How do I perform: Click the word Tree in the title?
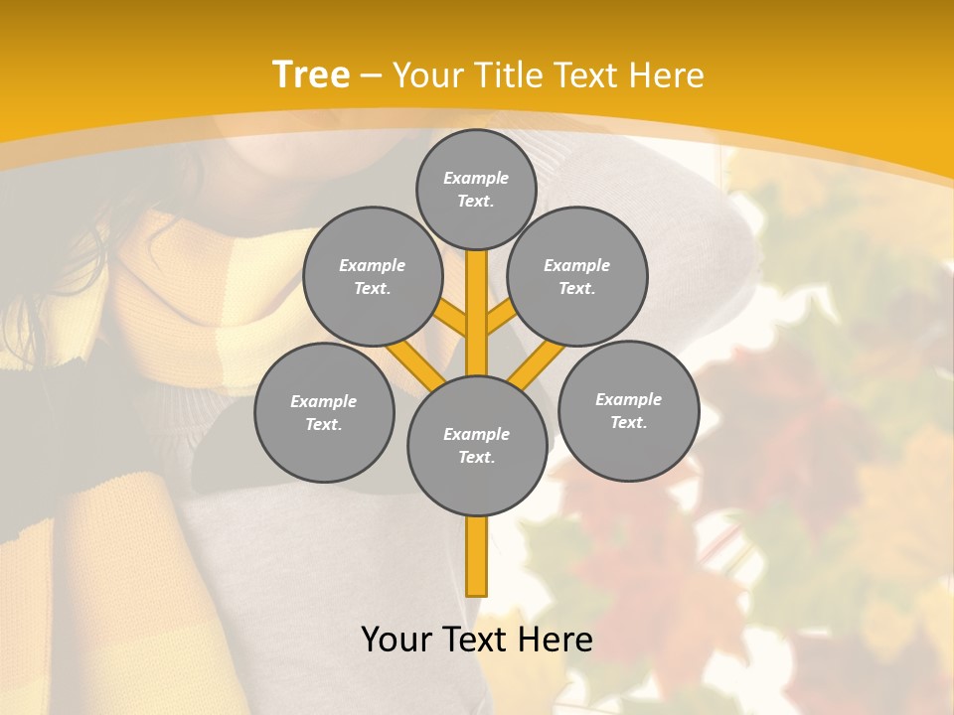pos(311,74)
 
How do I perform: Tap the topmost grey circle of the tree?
pos(476,189)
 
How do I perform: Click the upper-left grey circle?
pos(373,276)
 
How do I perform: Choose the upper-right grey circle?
pos(577,276)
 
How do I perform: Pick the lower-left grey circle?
pos(324,412)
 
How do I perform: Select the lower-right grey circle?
pos(628,410)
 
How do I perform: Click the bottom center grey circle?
pos(477,445)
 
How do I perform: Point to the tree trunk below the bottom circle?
pos(477,556)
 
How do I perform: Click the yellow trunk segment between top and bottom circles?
pos(477,313)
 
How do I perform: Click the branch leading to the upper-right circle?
pos(501,318)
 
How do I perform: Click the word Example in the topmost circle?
pos(476,178)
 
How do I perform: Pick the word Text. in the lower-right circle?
pos(628,422)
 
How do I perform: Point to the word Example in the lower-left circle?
pos(324,401)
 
